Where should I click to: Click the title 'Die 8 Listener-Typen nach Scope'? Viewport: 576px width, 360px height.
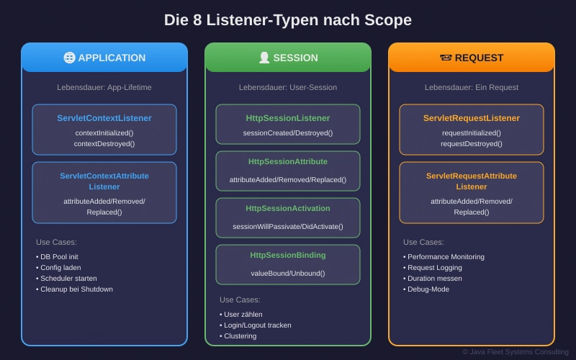(x=288, y=20)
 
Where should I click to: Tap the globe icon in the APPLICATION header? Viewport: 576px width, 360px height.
(x=69, y=58)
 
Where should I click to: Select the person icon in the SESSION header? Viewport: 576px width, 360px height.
(x=264, y=58)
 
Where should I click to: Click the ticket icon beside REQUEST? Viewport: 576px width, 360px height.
(x=446, y=58)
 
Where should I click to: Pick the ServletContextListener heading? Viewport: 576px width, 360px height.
(x=104, y=118)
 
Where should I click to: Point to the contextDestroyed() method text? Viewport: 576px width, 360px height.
(x=104, y=144)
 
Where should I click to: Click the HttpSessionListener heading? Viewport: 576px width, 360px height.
(x=288, y=118)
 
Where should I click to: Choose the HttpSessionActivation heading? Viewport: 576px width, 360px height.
(x=288, y=208)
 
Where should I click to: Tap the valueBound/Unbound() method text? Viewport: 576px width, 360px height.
(x=288, y=273)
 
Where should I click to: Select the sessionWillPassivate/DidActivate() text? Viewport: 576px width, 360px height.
(x=288, y=226)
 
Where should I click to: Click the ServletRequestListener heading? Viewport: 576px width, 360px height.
(x=472, y=118)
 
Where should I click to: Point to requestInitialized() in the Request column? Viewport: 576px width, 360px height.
(x=472, y=132)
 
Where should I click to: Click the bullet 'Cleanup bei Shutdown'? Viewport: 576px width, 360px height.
(x=76, y=289)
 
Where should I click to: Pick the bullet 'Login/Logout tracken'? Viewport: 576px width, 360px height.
(x=258, y=325)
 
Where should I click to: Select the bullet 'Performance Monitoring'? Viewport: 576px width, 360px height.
(x=446, y=257)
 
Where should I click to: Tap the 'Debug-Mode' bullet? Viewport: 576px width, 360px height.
(x=430, y=289)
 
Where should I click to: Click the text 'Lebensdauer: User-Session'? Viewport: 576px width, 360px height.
(x=288, y=88)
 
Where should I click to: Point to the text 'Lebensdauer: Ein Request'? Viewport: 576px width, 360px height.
(x=472, y=88)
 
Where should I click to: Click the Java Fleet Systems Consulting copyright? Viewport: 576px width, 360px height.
(x=516, y=352)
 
